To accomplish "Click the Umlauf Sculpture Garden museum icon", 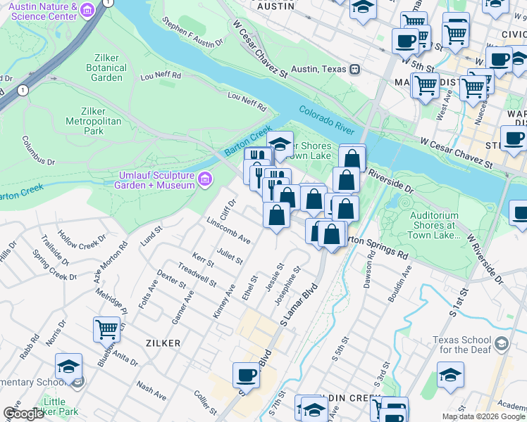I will (205, 179).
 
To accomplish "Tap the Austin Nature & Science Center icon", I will (87, 10).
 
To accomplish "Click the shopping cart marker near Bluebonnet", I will (106, 328).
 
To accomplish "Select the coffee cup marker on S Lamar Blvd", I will (247, 375).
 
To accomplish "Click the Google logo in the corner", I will (24, 414).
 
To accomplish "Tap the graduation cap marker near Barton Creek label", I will (280, 144).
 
